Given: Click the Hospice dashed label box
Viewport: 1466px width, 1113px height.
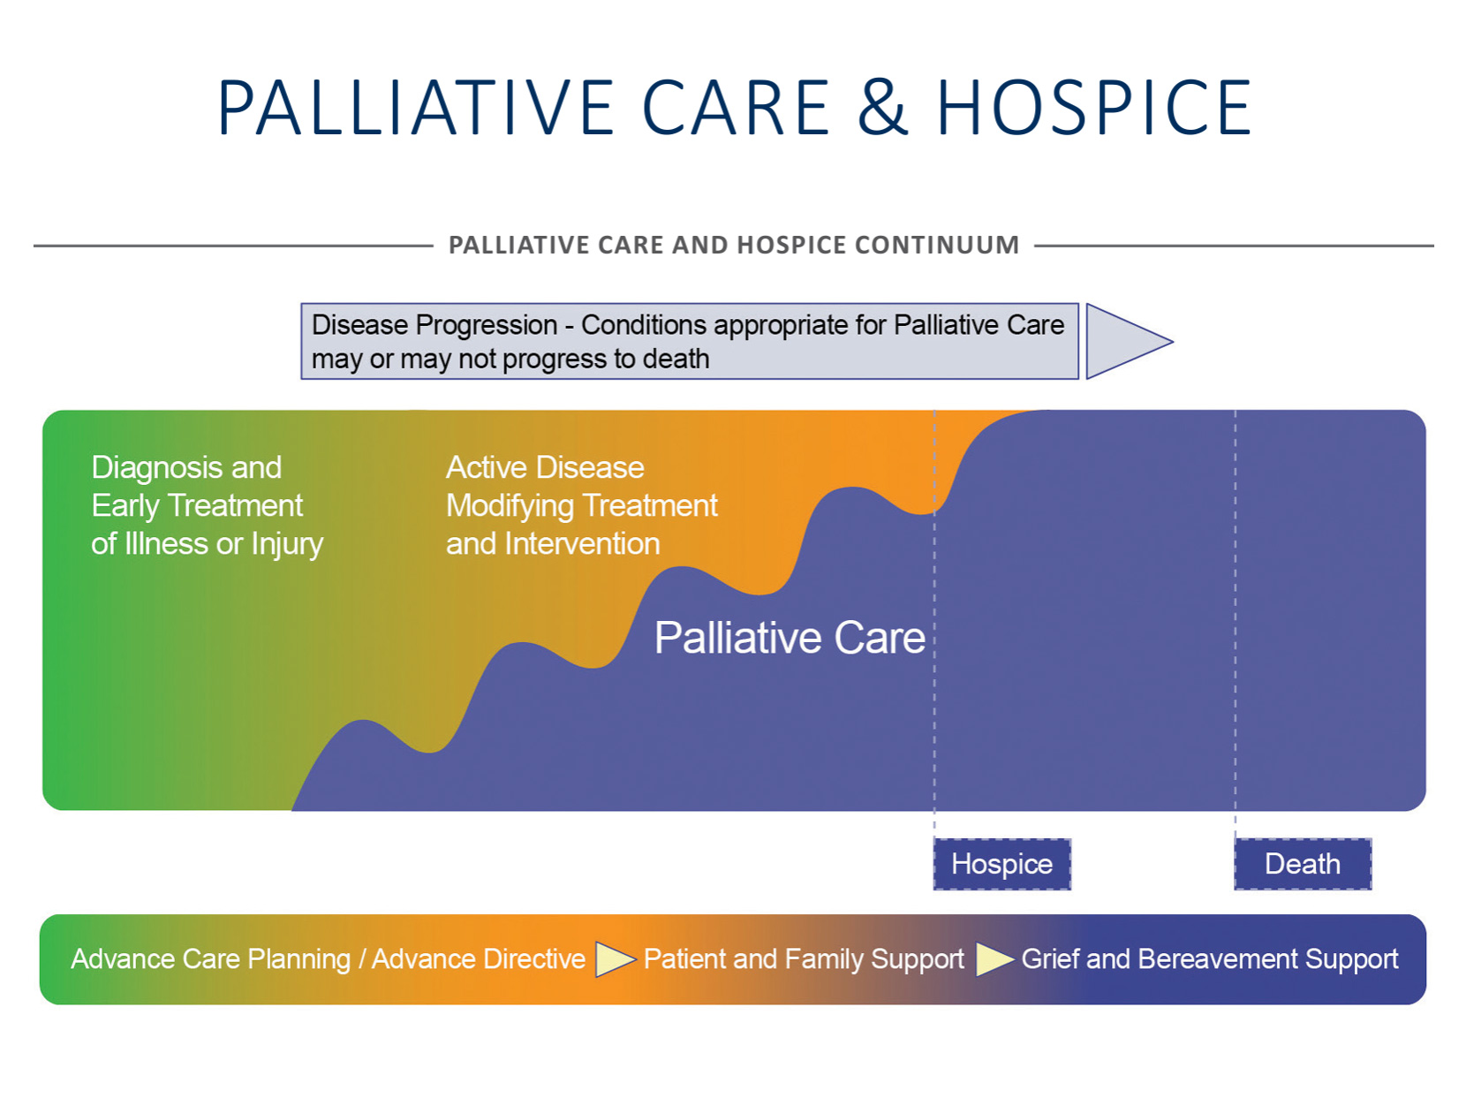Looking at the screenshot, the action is pyautogui.click(x=1001, y=864).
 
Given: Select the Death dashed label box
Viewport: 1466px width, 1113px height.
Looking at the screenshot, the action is pyautogui.click(x=1303, y=864).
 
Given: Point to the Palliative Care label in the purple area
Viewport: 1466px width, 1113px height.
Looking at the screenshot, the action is pyautogui.click(x=790, y=638).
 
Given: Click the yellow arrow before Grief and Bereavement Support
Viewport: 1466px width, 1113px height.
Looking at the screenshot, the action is pyautogui.click(x=994, y=959).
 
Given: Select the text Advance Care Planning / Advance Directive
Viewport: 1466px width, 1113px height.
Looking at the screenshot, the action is pyautogui.click(x=328, y=959).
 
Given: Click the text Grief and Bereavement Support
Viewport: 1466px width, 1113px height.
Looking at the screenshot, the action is pyautogui.click(x=1210, y=959).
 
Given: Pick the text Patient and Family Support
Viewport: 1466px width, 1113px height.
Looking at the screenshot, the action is pyautogui.click(x=804, y=959).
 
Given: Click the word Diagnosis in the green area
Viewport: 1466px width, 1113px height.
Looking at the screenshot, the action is pyautogui.click(x=155, y=468).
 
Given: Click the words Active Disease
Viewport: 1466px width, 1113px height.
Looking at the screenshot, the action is pyautogui.click(x=545, y=467).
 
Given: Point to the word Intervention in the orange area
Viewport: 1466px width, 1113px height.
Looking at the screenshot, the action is pyautogui.click(x=582, y=544).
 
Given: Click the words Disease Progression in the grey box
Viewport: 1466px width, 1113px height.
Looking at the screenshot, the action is pyautogui.click(x=435, y=325).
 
